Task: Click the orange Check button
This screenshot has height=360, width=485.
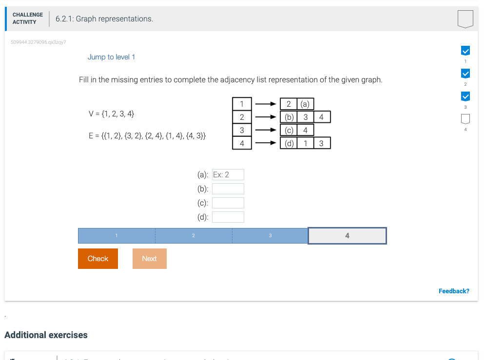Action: pyautogui.click(x=97, y=259)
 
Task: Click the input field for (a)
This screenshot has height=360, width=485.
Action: pyautogui.click(x=228, y=175)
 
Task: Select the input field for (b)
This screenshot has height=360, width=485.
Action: pyautogui.click(x=228, y=189)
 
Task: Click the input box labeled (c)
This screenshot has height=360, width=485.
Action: pyautogui.click(x=228, y=203)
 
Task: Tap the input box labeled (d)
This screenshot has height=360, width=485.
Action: pyautogui.click(x=228, y=217)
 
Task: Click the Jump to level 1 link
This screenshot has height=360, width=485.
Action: pyautogui.click(x=111, y=57)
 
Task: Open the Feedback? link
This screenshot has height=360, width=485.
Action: pyautogui.click(x=454, y=291)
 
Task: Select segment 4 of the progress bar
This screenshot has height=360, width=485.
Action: pyautogui.click(x=347, y=236)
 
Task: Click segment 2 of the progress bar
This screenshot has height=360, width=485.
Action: pyautogui.click(x=194, y=236)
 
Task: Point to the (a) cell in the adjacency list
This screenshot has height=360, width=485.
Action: pyautogui.click(x=305, y=104)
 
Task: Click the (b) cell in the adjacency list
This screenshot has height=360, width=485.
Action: pyautogui.click(x=289, y=117)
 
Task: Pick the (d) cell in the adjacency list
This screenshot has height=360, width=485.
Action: pyautogui.click(x=289, y=143)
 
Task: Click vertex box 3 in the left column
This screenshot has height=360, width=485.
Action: pyautogui.click(x=242, y=130)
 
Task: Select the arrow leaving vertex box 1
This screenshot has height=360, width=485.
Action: pyautogui.click(x=266, y=104)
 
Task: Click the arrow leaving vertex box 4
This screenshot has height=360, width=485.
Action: pyautogui.click(x=266, y=143)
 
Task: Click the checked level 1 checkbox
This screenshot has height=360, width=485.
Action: pyautogui.click(x=465, y=51)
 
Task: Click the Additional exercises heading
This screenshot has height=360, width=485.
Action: pyautogui.click(x=46, y=335)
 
